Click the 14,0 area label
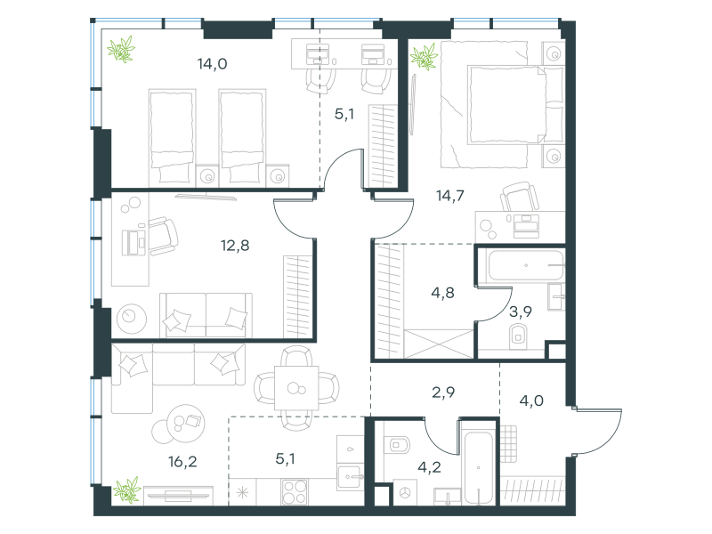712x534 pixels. tap(212, 64)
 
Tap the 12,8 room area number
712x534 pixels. tap(235, 246)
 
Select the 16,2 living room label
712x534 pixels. tap(182, 462)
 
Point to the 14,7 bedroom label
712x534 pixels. tap(450, 196)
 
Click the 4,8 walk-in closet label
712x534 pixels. tap(442, 293)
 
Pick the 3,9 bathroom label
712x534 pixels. tap(521, 311)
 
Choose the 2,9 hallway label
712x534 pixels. tap(443, 392)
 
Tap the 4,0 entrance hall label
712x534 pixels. tap(531, 401)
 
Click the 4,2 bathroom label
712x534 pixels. tap(429, 466)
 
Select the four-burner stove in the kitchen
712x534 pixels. tap(295, 492)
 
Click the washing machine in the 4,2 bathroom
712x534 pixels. tap(405, 492)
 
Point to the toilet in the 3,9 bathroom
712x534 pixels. tap(518, 336)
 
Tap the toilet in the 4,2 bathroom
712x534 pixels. tap(397, 444)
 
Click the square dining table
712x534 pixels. tap(296, 388)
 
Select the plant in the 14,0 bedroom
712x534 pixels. tap(121, 49)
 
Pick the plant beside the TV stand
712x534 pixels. tap(127, 490)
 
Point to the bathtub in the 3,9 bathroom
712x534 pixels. tap(526, 265)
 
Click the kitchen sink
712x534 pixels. tap(350, 477)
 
